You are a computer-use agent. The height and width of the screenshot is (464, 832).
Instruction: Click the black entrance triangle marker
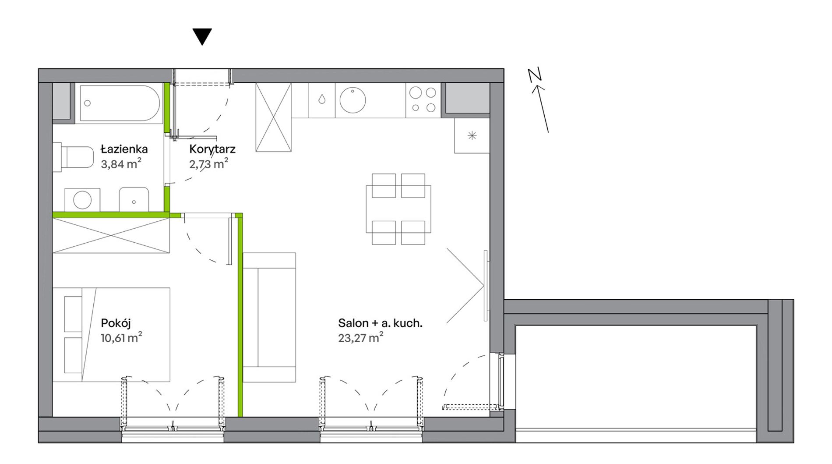202,36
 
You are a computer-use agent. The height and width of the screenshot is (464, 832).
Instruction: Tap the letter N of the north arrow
535,75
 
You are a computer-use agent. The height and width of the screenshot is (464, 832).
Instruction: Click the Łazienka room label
124,149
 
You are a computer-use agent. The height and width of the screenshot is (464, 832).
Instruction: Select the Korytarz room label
212,149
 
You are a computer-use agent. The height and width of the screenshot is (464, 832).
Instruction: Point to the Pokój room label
116,323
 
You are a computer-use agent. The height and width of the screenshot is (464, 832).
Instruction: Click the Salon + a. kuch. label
380,323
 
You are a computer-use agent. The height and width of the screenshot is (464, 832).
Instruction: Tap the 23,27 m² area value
361,337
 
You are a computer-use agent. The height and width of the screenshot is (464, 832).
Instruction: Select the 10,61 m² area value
121,337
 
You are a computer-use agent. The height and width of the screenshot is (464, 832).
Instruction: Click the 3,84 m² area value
121,164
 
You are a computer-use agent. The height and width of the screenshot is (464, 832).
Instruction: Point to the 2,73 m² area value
208,164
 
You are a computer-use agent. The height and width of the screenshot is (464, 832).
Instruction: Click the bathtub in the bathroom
120,103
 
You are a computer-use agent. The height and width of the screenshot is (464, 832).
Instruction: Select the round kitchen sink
353,100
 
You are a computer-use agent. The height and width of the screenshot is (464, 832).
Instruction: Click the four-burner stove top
423,100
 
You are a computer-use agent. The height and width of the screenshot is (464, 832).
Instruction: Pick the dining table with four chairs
398,209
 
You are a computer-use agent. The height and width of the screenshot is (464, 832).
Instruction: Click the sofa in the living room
269,317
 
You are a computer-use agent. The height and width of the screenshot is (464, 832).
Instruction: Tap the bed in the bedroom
111,334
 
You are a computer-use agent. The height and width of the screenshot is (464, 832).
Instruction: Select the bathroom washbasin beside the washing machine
134,200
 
